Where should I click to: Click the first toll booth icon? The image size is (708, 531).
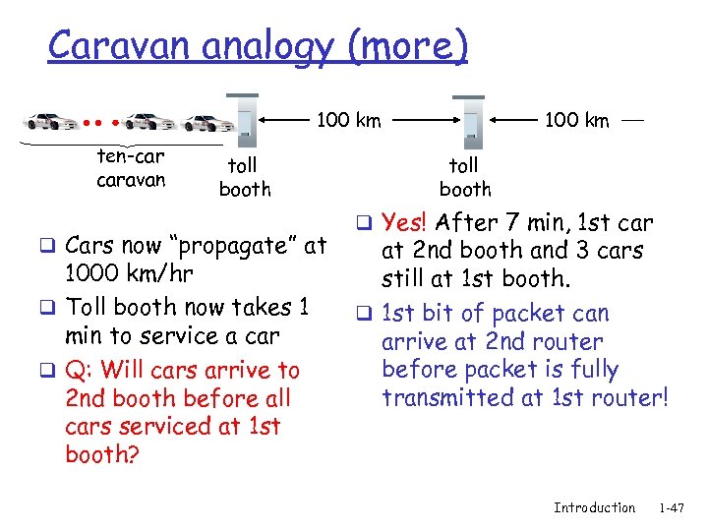coord(247,117)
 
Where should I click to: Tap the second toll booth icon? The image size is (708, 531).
coord(470,119)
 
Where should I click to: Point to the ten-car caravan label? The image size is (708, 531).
coord(131,168)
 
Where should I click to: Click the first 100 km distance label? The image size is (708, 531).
coord(348,120)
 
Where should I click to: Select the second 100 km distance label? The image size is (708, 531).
coord(576,120)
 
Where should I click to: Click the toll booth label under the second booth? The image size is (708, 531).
coord(464,177)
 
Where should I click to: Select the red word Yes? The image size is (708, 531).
coord(406,221)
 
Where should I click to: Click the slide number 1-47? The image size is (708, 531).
coord(672,507)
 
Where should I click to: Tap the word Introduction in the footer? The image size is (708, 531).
coord(594,507)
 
